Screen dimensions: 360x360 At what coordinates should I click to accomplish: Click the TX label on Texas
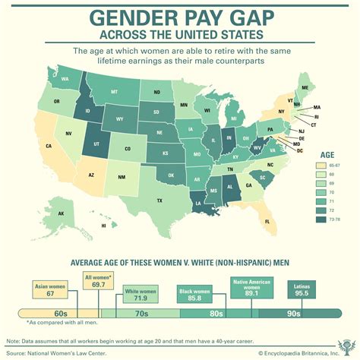(159, 201)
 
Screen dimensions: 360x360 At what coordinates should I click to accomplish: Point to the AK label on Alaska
(61, 214)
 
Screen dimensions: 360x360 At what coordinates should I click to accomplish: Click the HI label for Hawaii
(103, 226)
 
